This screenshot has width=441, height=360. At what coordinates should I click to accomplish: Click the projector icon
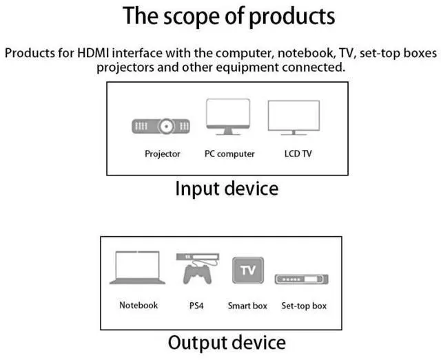point(161,127)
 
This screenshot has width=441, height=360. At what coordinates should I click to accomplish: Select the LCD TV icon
point(294,118)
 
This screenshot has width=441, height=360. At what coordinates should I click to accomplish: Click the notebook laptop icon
point(138,268)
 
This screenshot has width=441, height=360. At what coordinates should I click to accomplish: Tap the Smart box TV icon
point(248,270)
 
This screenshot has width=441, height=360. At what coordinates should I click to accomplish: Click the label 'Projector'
point(163,154)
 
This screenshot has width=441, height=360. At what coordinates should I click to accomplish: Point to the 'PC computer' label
point(229,154)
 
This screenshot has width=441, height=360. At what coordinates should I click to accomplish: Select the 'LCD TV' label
point(298,154)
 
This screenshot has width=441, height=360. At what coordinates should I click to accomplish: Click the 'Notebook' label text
point(139,305)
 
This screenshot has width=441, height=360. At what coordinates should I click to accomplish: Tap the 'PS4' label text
point(196,306)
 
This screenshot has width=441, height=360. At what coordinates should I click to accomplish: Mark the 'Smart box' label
point(248,306)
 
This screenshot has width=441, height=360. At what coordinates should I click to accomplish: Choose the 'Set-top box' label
point(304,306)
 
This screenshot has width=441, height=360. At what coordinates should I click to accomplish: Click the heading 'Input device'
point(227,189)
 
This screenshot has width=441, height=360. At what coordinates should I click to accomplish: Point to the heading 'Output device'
point(227,342)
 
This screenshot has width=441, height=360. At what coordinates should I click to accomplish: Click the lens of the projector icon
point(166,127)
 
